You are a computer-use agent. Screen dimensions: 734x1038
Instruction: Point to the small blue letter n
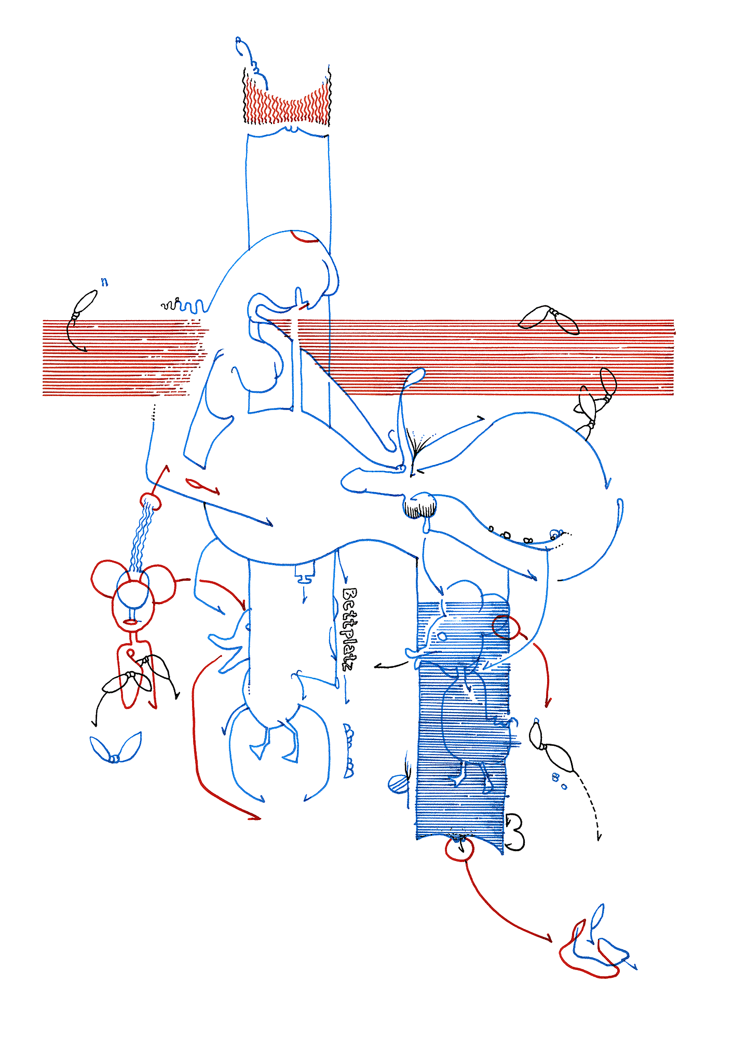pos(105,282)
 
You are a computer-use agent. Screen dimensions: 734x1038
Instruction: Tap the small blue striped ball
pos(398,784)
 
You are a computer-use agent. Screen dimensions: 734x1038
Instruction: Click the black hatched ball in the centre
pos(420,506)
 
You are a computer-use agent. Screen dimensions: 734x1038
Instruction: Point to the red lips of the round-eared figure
pos(130,622)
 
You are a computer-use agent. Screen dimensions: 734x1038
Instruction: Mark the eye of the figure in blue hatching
pos(442,636)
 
